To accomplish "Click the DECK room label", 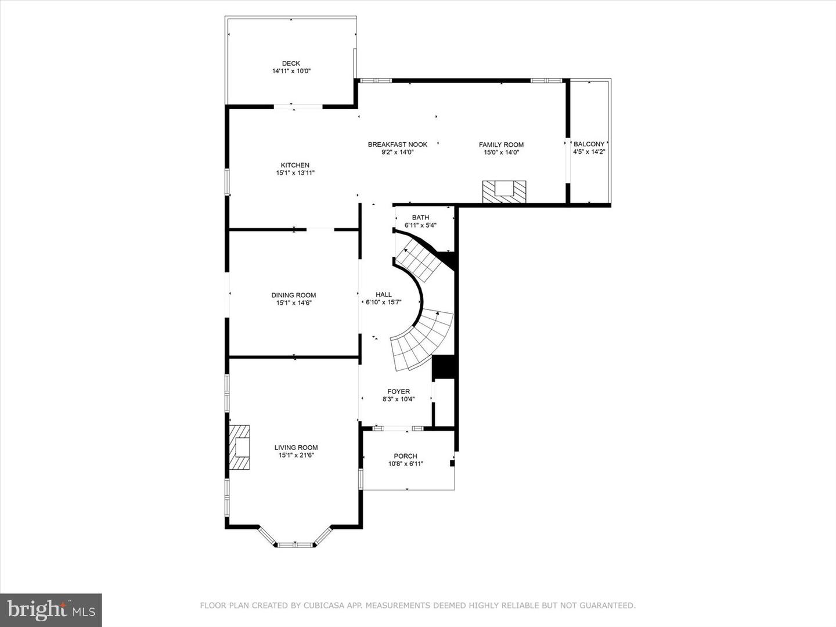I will pyautogui.click(x=291, y=64).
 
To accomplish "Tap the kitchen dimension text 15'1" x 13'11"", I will pyautogui.click(x=295, y=173).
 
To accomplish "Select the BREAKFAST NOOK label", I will pyautogui.click(x=397, y=145).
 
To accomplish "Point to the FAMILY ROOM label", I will pyautogui.click(x=501, y=145).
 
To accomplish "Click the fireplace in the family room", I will pyautogui.click(x=504, y=192).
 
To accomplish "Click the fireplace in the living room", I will pyautogui.click(x=239, y=447).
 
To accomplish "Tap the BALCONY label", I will pyautogui.click(x=589, y=144).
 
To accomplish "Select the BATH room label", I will pyautogui.click(x=420, y=218).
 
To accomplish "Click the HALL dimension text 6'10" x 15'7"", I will pyautogui.click(x=383, y=302).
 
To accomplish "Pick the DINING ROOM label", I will pyautogui.click(x=294, y=295).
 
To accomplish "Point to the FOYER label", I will pyautogui.click(x=398, y=392).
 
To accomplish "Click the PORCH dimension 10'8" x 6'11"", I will pyautogui.click(x=405, y=464).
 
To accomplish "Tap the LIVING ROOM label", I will pyautogui.click(x=296, y=448).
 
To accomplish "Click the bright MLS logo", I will pyautogui.click(x=51, y=609).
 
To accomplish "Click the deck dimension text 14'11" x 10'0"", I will pyautogui.click(x=291, y=71).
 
